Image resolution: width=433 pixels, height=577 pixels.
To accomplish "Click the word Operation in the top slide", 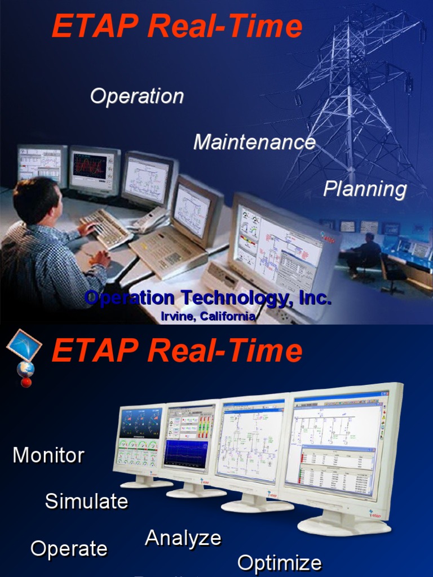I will pos(137,96).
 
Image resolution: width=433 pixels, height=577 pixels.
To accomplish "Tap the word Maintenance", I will pos(254,142).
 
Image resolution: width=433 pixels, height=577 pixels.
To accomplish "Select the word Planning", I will pos(365,189).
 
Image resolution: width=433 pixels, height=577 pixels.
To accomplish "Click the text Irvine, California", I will pos(208,317).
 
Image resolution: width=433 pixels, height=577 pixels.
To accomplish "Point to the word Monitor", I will pos(48,455).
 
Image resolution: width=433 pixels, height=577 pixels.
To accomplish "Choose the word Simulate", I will pos(86,501).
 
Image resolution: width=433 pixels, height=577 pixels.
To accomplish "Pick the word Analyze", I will pos(183,538).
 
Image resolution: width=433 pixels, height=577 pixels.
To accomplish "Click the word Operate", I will pos(69,549).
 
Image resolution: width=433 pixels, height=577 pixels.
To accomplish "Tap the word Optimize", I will pos(280,563).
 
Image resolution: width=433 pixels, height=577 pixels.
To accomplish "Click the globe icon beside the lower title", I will pos(25,369).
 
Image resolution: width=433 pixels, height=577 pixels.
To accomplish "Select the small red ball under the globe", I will pos(26,383).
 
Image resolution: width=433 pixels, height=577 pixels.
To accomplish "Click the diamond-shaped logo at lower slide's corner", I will pos(24,345).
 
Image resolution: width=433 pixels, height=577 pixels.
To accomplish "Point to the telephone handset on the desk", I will pos(150,219).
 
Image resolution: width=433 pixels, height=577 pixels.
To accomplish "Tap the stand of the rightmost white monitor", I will pos(343,523).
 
